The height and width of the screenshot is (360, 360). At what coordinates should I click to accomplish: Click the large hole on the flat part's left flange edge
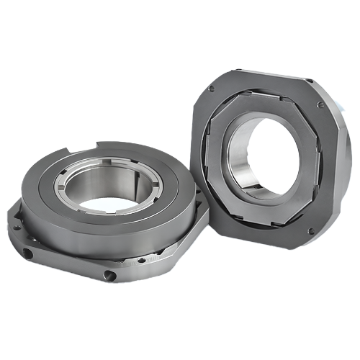pos(27,253)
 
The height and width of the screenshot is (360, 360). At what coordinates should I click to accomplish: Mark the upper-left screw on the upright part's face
pos(210,89)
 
